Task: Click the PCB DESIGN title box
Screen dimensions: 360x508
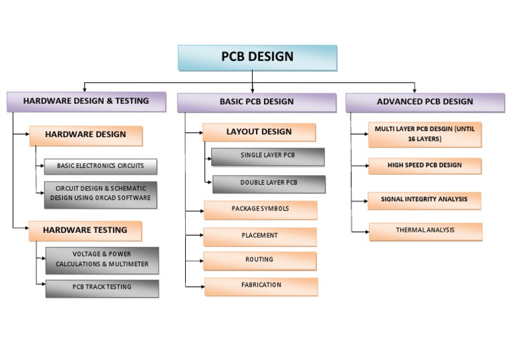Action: click(x=257, y=58)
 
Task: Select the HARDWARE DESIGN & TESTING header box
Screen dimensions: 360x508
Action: click(x=86, y=102)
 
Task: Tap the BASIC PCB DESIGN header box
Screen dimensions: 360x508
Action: click(x=257, y=102)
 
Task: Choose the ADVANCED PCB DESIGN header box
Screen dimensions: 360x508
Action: click(x=425, y=102)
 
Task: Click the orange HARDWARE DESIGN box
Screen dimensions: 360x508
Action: click(x=86, y=135)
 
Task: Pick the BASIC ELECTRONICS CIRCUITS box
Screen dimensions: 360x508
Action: click(x=101, y=166)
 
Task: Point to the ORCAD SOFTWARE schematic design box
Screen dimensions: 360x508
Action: click(x=101, y=194)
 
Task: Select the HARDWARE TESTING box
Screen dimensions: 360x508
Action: click(x=85, y=230)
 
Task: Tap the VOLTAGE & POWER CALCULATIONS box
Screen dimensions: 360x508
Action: click(x=102, y=259)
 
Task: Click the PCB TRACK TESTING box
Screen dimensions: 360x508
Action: click(x=102, y=288)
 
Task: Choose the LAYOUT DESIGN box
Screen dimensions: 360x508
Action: click(x=259, y=132)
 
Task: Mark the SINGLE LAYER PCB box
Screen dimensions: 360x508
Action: click(x=268, y=156)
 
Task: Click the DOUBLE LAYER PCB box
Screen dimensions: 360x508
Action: click(x=269, y=183)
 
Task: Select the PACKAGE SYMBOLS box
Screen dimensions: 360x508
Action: click(x=260, y=209)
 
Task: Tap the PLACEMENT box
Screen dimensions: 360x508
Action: click(x=260, y=236)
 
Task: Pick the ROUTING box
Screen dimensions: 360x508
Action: click(x=259, y=260)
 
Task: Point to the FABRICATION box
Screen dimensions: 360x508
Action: click(x=261, y=286)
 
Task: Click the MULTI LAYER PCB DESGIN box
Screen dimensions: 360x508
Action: click(x=425, y=134)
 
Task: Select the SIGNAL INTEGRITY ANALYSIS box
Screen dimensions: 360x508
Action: click(x=424, y=200)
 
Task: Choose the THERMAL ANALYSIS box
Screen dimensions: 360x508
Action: click(x=425, y=231)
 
